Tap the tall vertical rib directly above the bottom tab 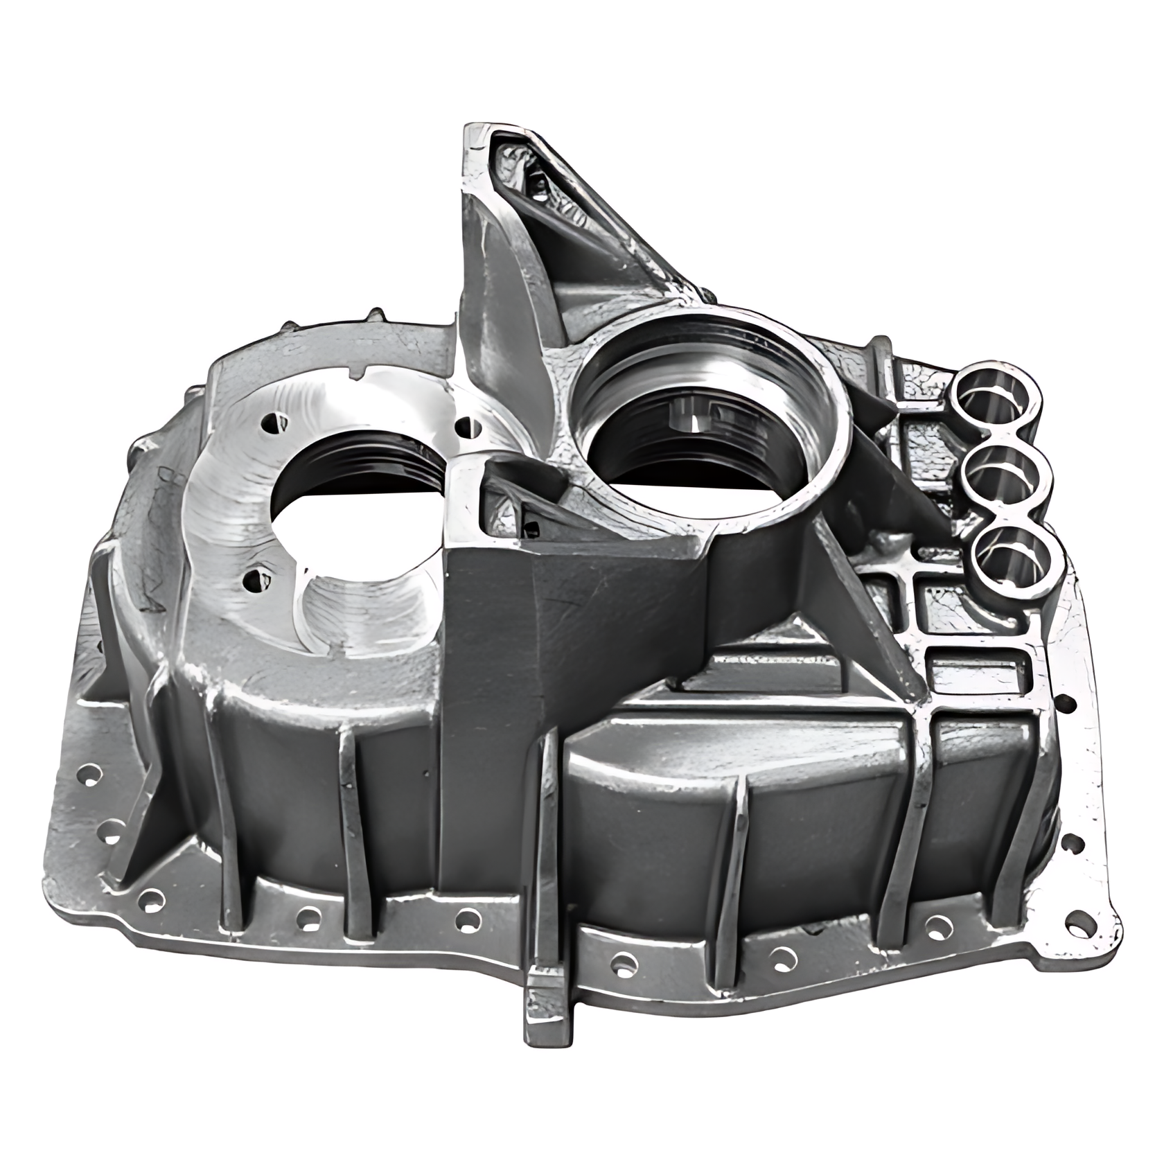(547, 831)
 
